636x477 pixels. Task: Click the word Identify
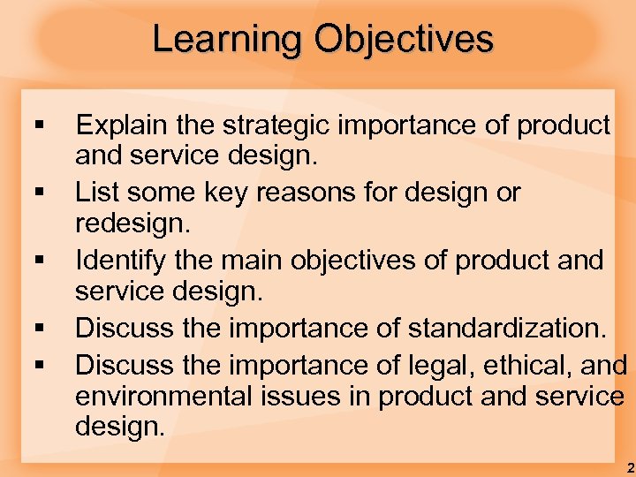coord(122,261)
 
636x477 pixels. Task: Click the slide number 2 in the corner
coord(629,466)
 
